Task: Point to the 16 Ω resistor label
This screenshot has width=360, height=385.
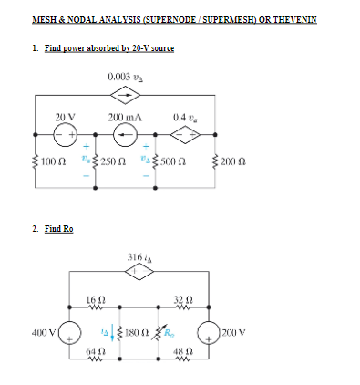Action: point(93,299)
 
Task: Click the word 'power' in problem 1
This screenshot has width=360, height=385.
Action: point(69,47)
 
